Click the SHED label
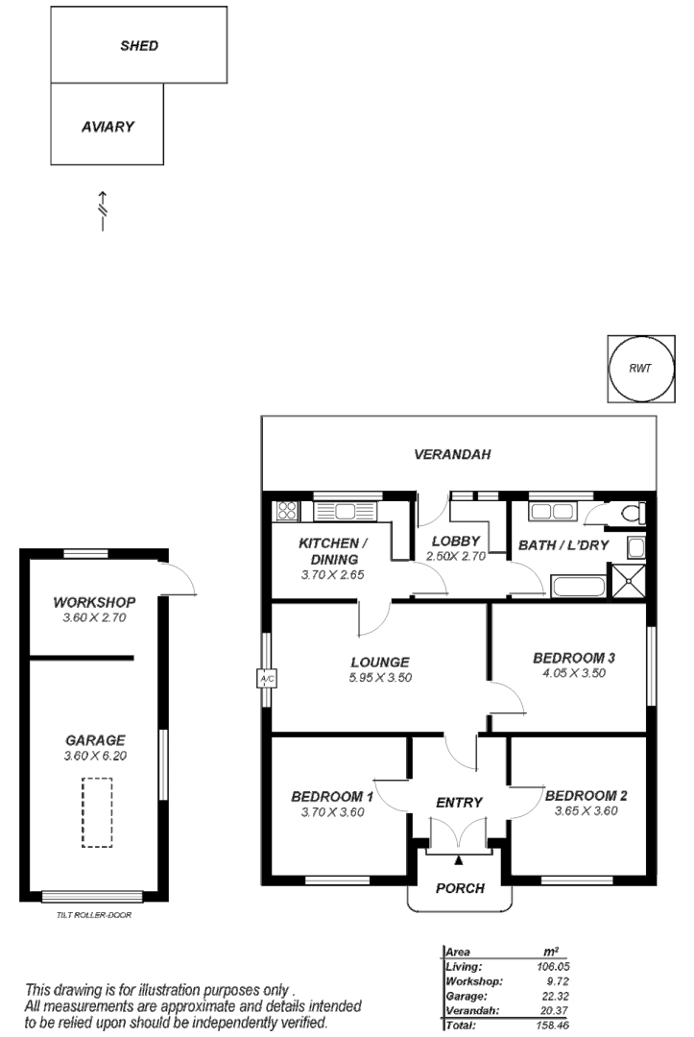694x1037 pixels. point(139,45)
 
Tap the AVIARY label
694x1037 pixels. point(108,126)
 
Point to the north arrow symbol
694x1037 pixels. point(102,208)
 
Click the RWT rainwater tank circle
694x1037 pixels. point(641,368)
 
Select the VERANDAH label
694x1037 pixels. point(452,454)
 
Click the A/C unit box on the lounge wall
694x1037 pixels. point(267,679)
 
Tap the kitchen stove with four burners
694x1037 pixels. point(286,511)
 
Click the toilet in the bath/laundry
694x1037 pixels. point(631,514)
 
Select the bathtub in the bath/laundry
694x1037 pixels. point(577,587)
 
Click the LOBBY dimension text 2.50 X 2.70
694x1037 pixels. point(456,556)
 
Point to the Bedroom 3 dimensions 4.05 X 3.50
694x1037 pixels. point(573,673)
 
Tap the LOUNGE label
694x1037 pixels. point(380,662)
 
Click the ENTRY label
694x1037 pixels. point(459,803)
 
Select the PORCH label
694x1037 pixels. point(460,888)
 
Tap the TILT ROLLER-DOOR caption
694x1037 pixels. point(94,915)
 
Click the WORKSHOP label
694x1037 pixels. point(94,603)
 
